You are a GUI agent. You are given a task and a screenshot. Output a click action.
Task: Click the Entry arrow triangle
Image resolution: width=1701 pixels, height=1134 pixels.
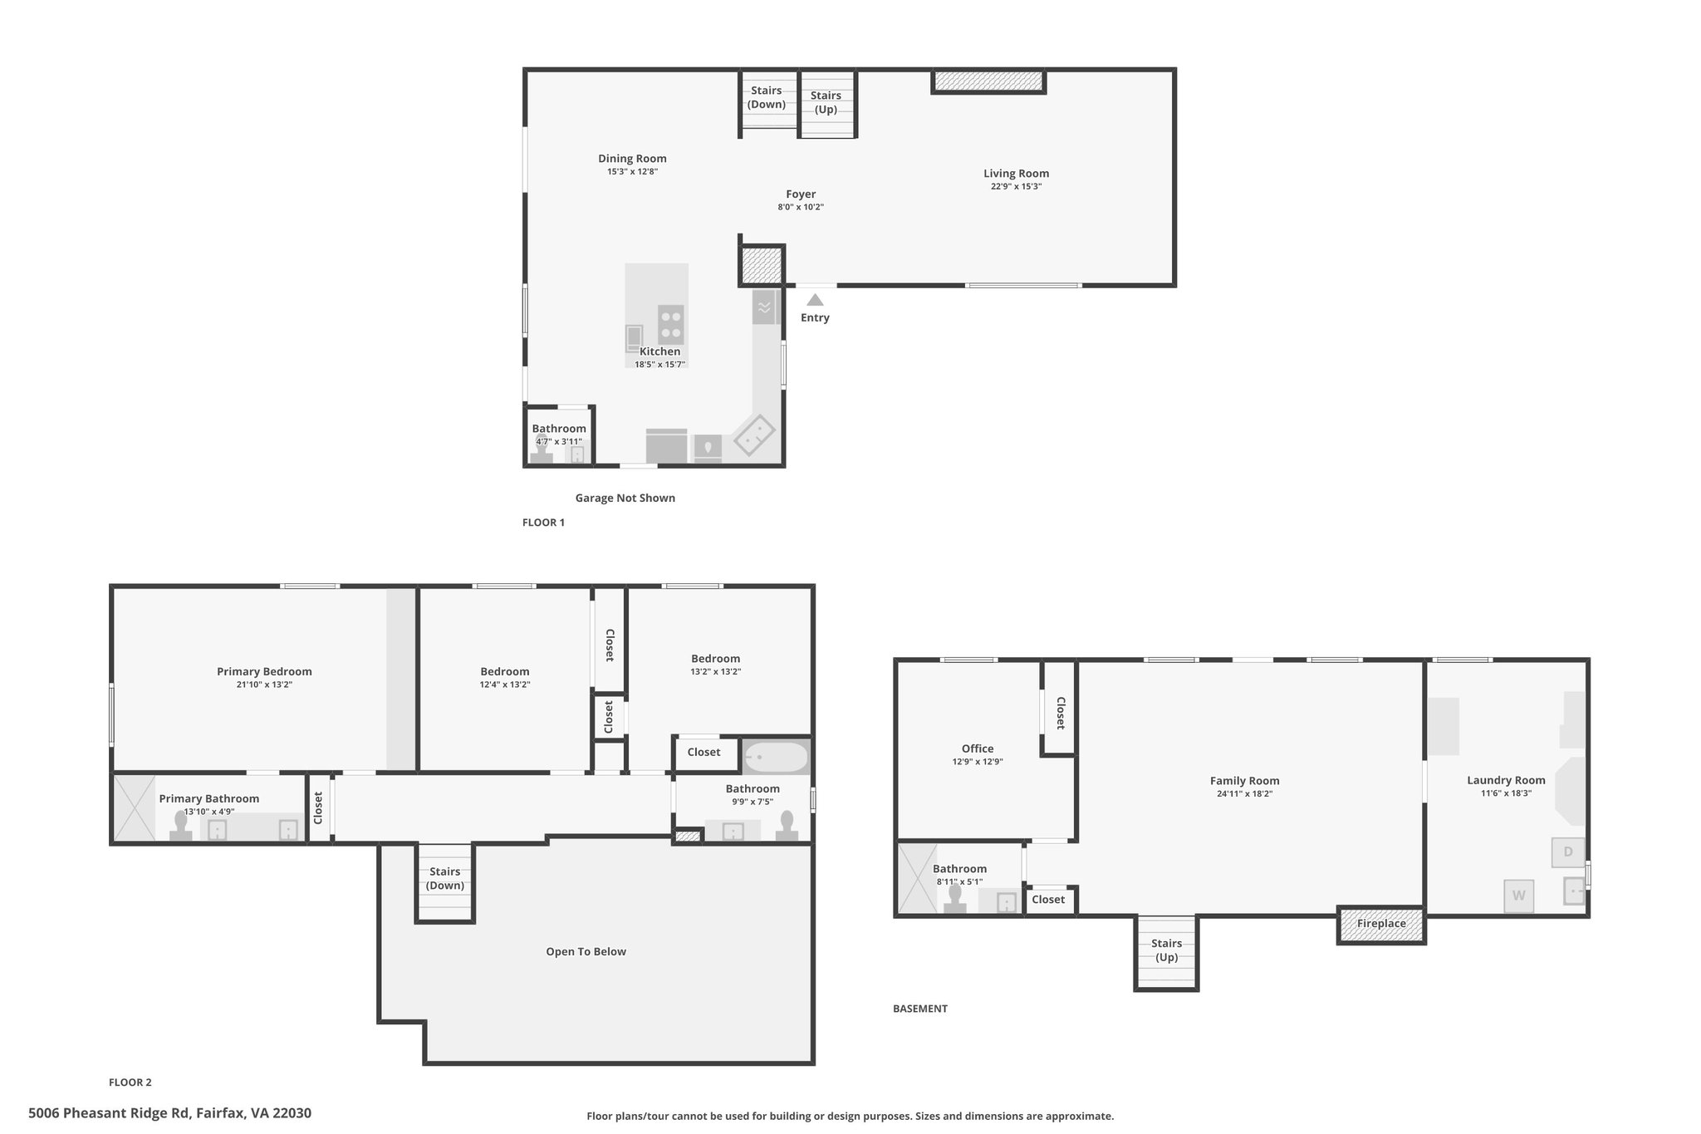815,300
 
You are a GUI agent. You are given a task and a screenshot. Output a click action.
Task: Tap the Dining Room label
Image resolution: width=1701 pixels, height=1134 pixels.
632,159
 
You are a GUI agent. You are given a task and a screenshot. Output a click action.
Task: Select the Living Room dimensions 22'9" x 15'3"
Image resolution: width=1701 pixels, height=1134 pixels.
1016,187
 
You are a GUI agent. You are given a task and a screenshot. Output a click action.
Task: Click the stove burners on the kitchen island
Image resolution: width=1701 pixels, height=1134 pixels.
670,325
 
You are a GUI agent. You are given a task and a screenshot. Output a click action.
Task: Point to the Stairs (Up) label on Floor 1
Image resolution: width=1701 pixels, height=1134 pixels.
826,102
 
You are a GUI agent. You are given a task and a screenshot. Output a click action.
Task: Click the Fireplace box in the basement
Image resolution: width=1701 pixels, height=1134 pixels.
1380,924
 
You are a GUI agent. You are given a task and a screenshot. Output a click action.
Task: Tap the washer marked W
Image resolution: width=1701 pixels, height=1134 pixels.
1518,896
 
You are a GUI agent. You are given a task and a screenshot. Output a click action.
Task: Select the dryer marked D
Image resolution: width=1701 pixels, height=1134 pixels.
1567,852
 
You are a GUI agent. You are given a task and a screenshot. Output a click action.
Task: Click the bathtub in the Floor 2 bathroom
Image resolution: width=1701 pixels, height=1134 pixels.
776,757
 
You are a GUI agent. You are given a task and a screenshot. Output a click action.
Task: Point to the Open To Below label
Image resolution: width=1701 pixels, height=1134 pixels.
586,952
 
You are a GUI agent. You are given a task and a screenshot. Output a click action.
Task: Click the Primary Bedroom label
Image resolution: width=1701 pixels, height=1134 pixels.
264,671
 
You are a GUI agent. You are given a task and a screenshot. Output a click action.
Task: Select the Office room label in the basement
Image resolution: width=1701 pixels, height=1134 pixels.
977,749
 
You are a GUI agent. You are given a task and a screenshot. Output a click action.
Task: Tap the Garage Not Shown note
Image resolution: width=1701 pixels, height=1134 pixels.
625,498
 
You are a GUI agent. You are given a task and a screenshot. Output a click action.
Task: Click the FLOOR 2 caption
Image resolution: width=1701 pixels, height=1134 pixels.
130,1082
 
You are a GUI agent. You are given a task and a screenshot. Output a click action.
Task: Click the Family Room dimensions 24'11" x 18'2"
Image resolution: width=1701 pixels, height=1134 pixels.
1243,794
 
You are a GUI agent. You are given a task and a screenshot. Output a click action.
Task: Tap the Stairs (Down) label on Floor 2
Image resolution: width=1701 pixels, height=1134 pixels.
444,878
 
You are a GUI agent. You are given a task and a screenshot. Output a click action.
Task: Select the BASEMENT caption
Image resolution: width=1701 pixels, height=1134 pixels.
919,1009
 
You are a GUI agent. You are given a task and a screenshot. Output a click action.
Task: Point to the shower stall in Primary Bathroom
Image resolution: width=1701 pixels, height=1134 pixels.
134,808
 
